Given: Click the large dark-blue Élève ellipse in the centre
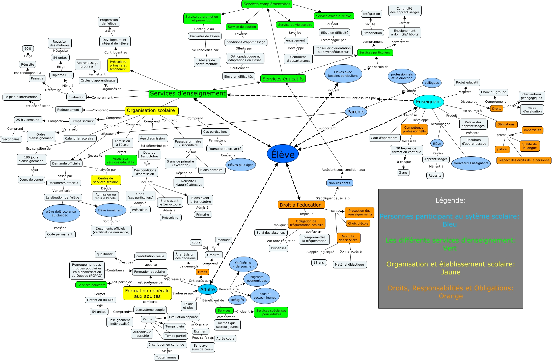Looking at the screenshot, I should click(283, 154).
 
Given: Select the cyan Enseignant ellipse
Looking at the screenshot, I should click(428, 102).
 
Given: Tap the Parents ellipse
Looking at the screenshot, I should click(356, 112).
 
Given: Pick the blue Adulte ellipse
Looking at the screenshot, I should click(207, 289).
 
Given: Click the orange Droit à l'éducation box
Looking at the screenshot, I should click(301, 205).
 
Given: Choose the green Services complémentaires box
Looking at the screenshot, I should click(267, 4).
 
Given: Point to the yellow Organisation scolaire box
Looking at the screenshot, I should click(151, 110).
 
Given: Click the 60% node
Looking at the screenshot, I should click(28, 49).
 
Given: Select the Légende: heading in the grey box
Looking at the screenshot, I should click(451, 200).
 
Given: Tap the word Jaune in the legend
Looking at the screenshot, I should click(451, 272).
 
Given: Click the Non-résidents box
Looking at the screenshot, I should click(339, 183).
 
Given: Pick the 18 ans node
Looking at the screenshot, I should click(319, 263).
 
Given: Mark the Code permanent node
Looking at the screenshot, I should click(60, 234).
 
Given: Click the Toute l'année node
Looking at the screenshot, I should click(166, 357).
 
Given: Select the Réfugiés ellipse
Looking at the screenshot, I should click(237, 300).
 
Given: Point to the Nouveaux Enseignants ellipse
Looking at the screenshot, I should click(471, 163).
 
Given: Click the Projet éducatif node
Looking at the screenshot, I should click(467, 82).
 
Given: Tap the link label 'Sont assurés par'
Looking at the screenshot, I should click(363, 98).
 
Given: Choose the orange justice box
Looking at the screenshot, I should click(502, 149).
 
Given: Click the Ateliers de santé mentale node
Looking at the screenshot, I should click(207, 62).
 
